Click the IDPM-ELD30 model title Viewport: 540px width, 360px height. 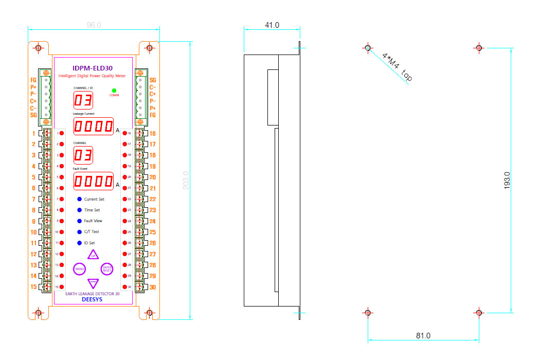click(93, 68)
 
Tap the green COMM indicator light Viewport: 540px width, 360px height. click(114, 91)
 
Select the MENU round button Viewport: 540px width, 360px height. click(80, 268)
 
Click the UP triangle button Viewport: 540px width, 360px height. click(93, 255)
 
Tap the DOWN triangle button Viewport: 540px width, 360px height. click(93, 282)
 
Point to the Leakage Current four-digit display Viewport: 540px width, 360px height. click(93, 126)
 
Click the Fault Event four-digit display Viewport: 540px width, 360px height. click(93, 181)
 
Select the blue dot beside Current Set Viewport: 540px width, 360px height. click(79, 199)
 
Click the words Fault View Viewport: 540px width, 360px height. click(93, 221)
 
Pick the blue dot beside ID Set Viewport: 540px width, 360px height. click(79, 243)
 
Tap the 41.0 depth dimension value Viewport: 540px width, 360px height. click(272, 25)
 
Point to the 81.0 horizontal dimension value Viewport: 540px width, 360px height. click(423, 336)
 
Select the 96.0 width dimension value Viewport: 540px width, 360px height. click(94, 25)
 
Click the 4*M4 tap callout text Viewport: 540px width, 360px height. click(398, 67)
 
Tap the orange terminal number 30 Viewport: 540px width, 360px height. click(153, 287)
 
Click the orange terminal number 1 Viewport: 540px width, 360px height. click(34, 133)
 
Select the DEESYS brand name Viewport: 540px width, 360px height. click(93, 300)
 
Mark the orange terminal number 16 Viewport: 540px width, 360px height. click(153, 133)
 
